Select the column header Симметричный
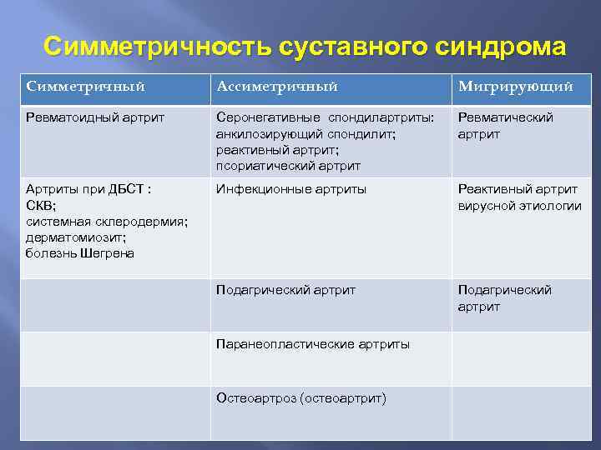point(85,87)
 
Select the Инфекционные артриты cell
point(290,189)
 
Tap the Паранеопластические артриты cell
point(312,343)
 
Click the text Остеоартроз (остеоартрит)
point(300,398)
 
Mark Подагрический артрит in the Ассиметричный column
point(285,290)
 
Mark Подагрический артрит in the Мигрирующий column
point(504,298)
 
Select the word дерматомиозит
point(76,237)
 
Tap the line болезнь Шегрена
point(79,252)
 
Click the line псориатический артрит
point(288,165)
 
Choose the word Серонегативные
point(268,117)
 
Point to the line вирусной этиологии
point(519,205)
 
